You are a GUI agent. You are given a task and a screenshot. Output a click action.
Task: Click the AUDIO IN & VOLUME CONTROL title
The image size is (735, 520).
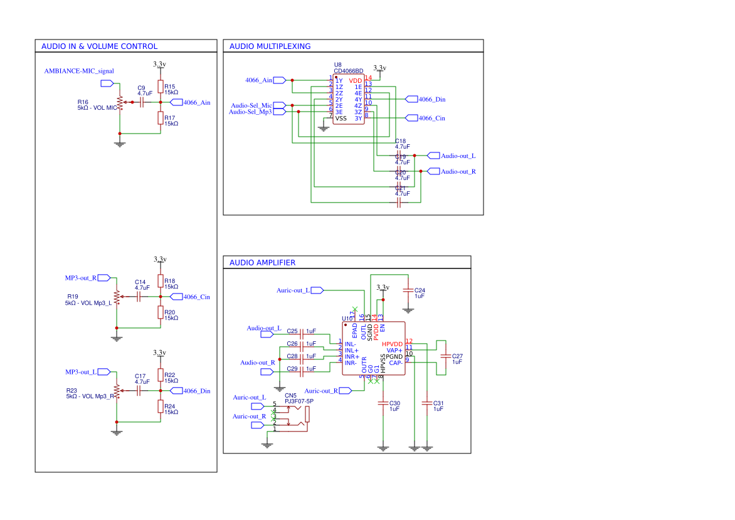pos(99,46)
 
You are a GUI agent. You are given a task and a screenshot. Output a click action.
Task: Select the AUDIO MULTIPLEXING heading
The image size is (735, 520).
pos(270,46)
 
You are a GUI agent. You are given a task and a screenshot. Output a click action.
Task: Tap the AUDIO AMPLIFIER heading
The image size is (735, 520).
pos(262,263)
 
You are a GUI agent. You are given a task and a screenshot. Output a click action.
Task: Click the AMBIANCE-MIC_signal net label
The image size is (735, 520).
pos(79,71)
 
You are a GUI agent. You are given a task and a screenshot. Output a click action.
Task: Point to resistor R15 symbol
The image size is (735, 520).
pos(161,87)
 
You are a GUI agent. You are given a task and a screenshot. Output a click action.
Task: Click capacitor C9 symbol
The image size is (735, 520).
pos(144,102)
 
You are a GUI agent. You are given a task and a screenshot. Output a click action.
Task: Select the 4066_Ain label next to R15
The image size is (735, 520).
pos(196,102)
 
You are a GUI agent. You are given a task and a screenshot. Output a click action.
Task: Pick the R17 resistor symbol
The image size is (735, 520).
pos(161,118)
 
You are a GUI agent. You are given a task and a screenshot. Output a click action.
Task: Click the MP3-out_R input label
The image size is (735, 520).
pos(81,278)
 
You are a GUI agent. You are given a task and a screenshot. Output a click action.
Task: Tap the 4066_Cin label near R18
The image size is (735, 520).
pos(196,297)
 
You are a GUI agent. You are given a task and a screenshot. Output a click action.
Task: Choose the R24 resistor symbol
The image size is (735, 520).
pos(161,406)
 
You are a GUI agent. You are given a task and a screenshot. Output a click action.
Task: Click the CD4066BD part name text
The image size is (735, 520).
pos(348,71)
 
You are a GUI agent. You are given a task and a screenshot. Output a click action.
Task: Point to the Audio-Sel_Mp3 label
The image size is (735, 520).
pos(250,112)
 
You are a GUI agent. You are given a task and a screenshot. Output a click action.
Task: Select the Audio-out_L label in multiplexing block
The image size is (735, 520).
pos(458,156)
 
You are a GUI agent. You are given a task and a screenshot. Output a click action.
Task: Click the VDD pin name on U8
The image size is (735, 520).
pos(356,81)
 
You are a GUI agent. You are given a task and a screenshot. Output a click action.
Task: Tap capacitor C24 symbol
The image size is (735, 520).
pos(408,290)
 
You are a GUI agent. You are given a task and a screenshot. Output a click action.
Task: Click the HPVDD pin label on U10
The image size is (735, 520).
pos(392,344)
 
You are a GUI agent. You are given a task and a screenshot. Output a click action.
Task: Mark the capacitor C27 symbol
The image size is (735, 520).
pos(446,356)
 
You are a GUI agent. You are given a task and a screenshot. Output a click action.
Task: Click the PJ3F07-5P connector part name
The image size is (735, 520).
pos(299,401)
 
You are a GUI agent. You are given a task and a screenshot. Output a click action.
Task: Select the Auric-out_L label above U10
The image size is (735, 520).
pos(293,290)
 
